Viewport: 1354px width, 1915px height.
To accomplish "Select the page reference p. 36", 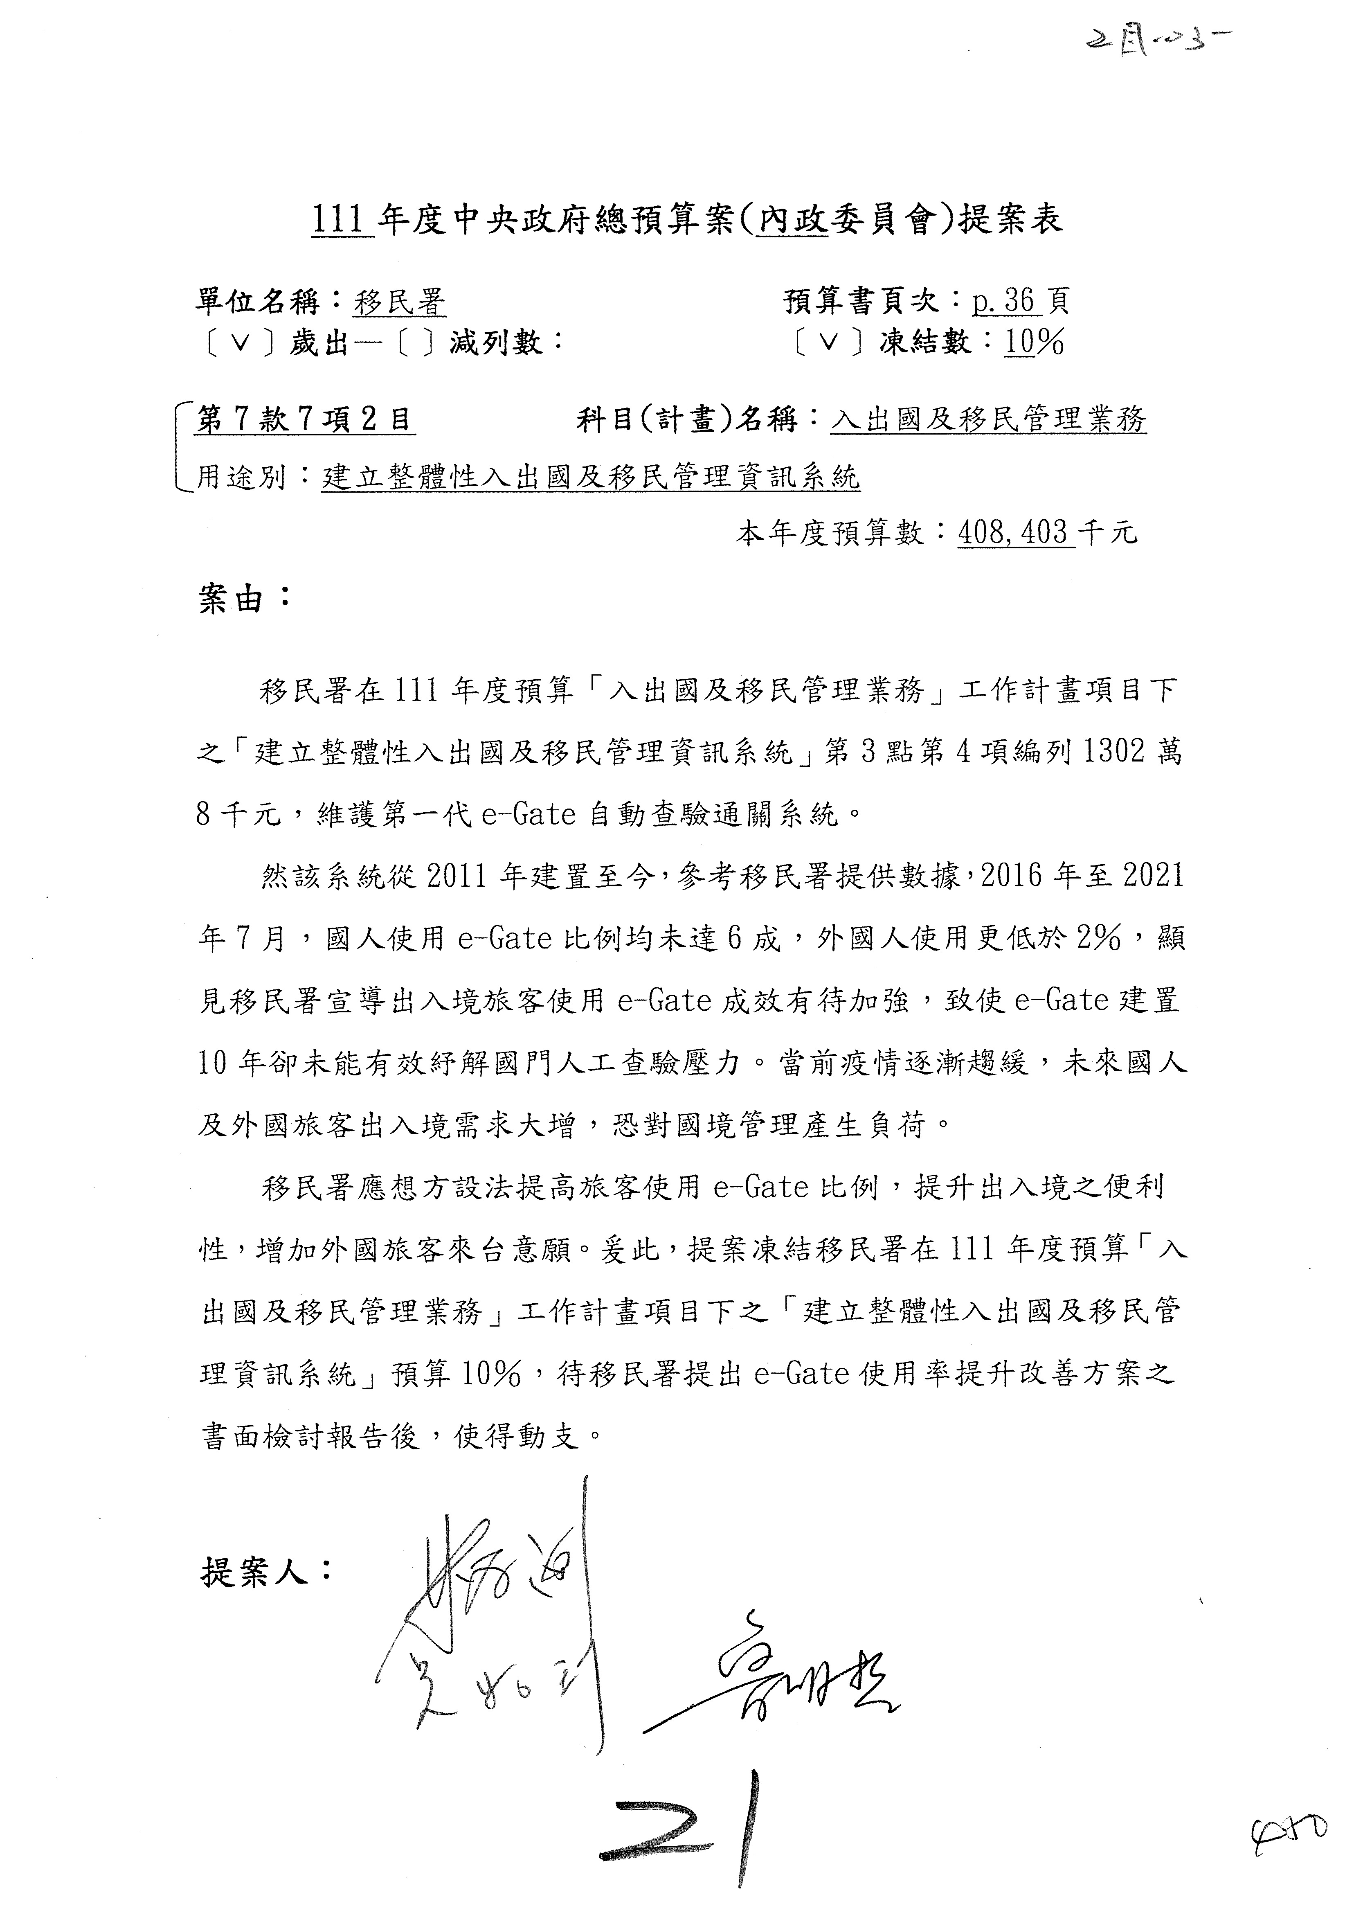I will tap(1006, 300).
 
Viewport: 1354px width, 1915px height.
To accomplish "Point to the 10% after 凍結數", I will tap(1034, 342).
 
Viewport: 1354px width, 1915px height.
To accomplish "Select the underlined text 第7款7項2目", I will tap(305, 419).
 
